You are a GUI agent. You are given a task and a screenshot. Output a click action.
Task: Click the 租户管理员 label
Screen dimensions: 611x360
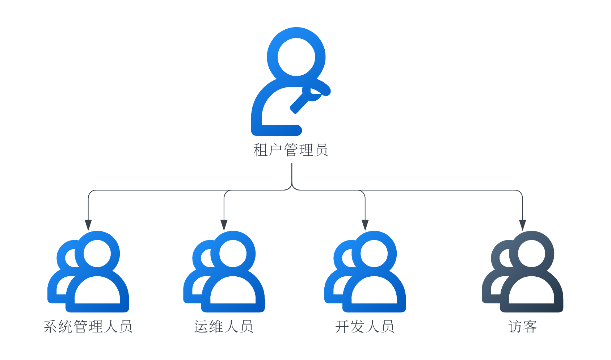[x=291, y=150]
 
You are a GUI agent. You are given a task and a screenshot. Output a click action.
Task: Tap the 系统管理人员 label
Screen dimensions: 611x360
[x=88, y=326]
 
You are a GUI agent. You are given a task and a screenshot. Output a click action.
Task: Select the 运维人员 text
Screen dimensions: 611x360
[x=224, y=326]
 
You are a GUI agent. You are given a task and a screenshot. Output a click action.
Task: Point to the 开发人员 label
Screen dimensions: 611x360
[x=365, y=326]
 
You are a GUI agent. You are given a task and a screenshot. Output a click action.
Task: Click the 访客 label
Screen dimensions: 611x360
[x=523, y=326]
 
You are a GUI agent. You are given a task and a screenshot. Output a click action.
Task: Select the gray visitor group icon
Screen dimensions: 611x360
[x=523, y=272]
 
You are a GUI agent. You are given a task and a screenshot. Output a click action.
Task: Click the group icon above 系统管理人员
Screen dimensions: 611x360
[x=88, y=272]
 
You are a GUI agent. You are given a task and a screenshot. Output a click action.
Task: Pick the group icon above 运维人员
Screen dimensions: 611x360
[x=224, y=272]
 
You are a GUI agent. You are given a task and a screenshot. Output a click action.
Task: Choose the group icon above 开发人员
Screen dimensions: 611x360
[x=365, y=272]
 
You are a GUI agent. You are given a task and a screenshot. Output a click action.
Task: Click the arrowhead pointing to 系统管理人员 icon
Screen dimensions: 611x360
[x=88, y=225]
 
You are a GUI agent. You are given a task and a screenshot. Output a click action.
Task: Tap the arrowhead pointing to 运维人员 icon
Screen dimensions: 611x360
[x=224, y=225]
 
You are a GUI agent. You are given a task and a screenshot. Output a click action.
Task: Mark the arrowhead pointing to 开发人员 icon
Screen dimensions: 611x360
[x=365, y=225]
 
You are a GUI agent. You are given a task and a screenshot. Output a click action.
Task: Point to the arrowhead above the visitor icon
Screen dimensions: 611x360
[x=523, y=225]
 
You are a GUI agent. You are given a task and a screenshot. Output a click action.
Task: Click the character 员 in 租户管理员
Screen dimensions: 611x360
[x=321, y=150]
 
